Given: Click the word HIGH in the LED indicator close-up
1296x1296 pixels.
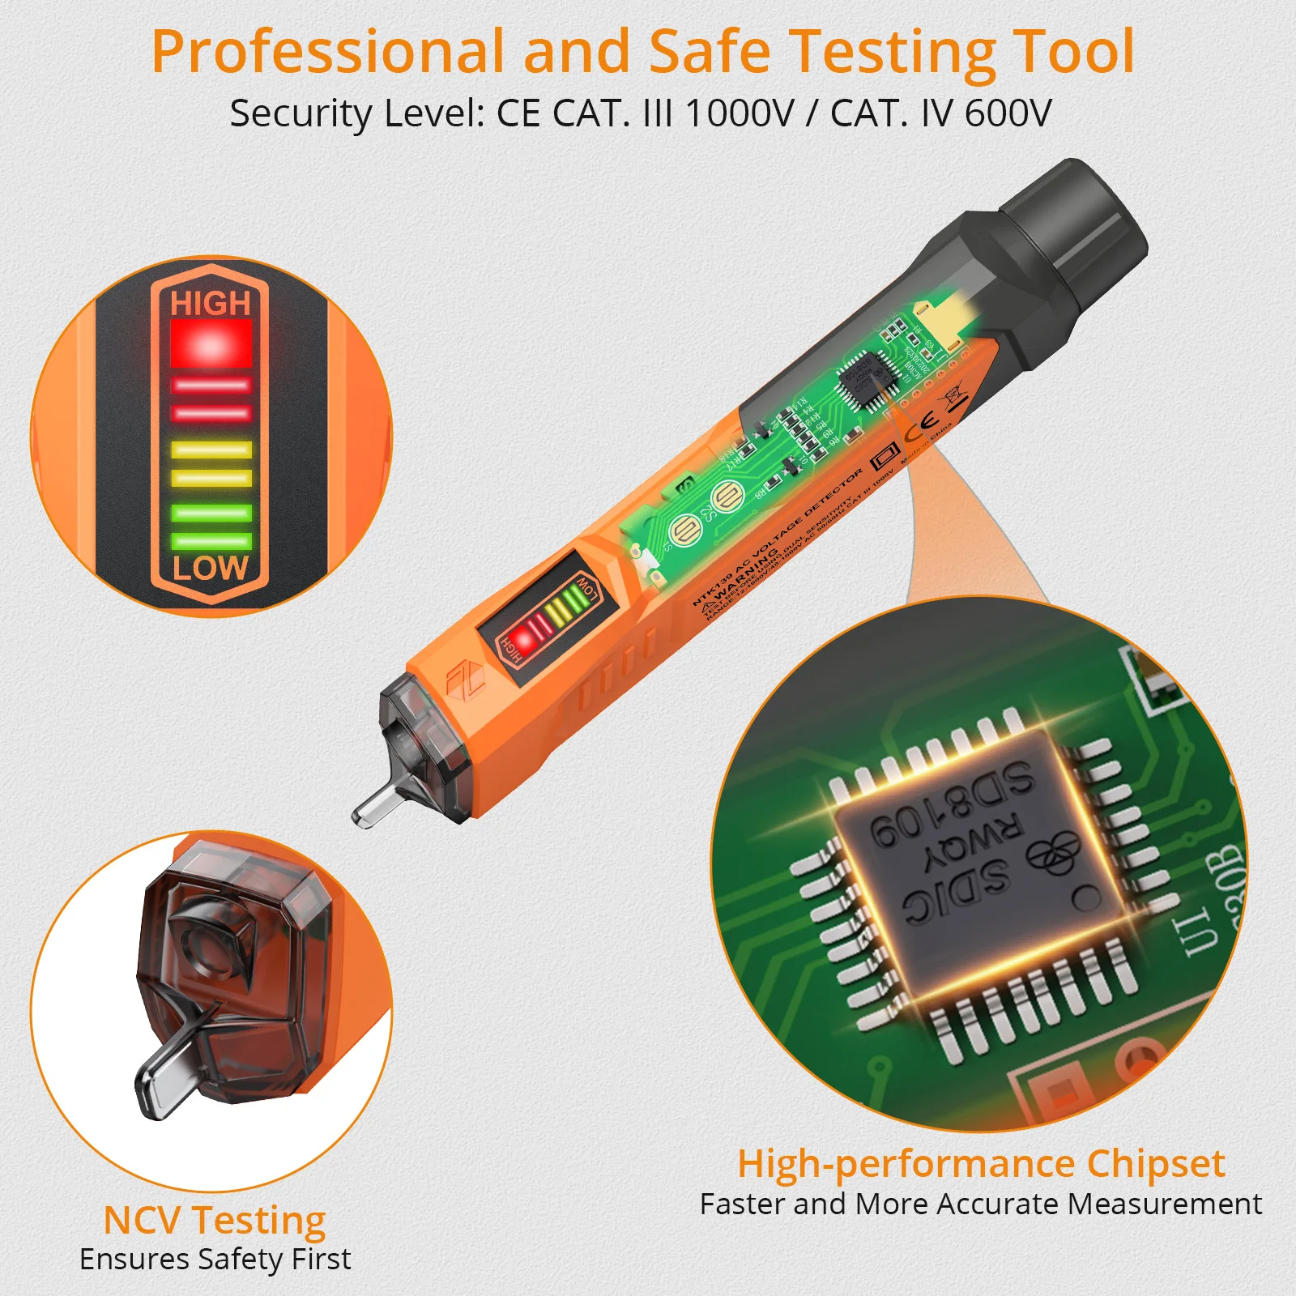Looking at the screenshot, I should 211,304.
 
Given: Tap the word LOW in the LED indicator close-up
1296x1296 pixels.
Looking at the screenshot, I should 210,568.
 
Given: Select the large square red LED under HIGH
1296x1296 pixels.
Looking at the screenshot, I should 211,343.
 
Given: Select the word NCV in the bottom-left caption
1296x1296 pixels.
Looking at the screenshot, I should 143,1221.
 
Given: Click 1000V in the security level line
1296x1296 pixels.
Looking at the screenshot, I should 740,113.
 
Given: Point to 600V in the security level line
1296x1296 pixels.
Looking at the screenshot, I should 1008,113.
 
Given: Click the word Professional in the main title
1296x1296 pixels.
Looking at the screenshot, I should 327,52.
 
